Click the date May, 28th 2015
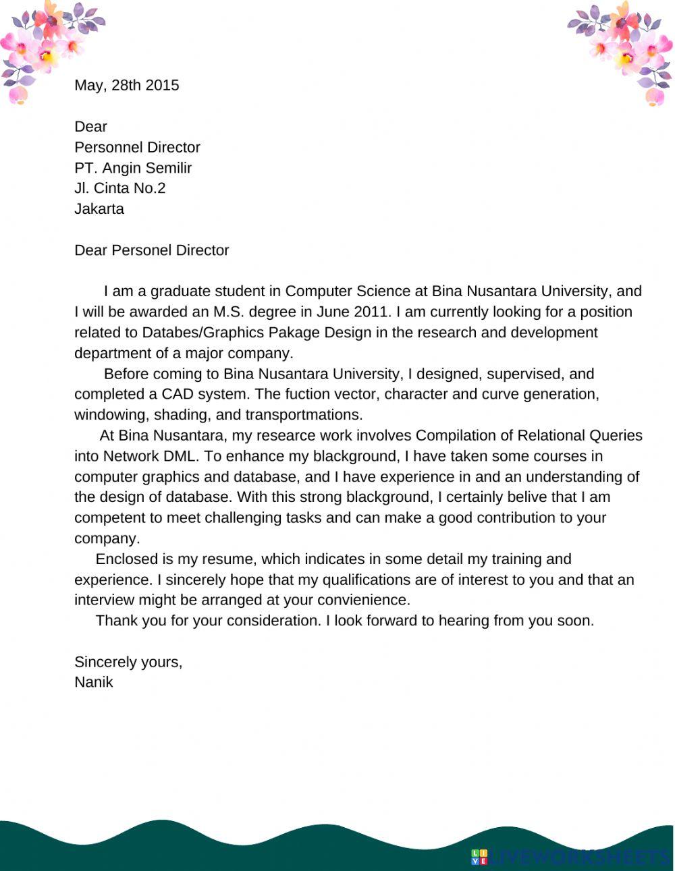(x=126, y=85)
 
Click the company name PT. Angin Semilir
(x=133, y=168)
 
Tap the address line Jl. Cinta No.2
(x=119, y=188)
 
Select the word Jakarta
(x=99, y=209)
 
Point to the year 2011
(x=373, y=312)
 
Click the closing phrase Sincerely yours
(x=128, y=662)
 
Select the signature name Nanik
(x=93, y=682)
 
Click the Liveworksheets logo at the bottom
(x=570, y=858)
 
